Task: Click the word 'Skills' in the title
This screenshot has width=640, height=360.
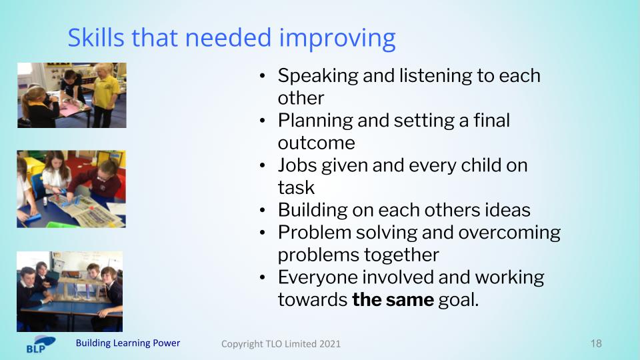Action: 96,37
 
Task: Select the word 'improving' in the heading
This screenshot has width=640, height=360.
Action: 337,39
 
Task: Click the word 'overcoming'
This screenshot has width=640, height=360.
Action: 509,233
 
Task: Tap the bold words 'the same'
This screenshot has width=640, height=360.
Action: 393,300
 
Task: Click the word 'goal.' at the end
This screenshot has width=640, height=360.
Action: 459,301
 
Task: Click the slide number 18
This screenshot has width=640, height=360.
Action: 596,344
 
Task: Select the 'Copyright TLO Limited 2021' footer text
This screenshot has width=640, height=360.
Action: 281,344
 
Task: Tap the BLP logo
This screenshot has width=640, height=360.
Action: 41,344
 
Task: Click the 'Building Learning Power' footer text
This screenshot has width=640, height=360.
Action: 128,343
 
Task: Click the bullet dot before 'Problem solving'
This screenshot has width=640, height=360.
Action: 263,233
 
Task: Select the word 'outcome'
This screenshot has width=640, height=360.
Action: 316,143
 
